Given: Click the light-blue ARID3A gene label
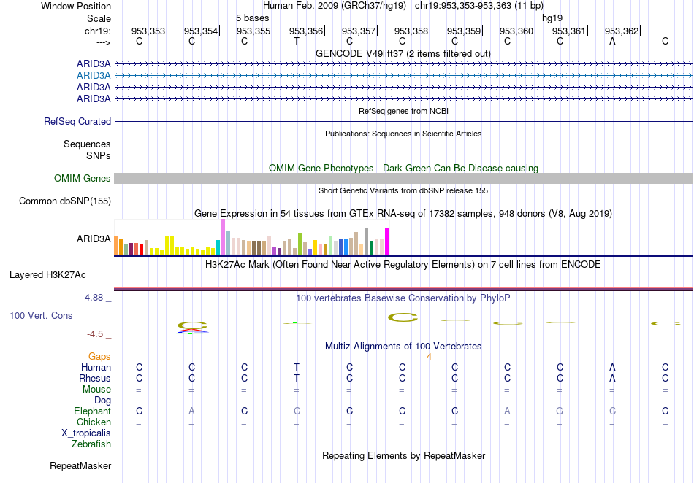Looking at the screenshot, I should tap(94, 75).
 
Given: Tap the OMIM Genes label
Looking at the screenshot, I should tap(83, 179).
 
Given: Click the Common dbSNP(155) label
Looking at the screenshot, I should tap(65, 201).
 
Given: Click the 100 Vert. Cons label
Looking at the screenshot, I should tap(41, 316).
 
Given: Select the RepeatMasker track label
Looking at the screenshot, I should tap(80, 465).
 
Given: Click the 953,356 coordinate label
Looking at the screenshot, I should tap(305, 31).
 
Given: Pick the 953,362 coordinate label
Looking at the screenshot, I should tap(621, 31).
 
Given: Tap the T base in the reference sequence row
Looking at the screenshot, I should tap(297, 41).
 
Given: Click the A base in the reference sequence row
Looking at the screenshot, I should tap(612, 41).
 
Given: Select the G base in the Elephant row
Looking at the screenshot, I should tap(560, 411).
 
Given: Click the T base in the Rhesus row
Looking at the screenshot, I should tap(297, 379).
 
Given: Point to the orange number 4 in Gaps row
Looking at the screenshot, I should tap(430, 357).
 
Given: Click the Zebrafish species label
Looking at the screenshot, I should tap(91, 444).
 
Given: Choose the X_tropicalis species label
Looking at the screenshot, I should tap(86, 433).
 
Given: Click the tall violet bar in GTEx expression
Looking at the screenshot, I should tap(223, 236).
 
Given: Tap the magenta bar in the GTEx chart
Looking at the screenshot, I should tap(387, 241).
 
